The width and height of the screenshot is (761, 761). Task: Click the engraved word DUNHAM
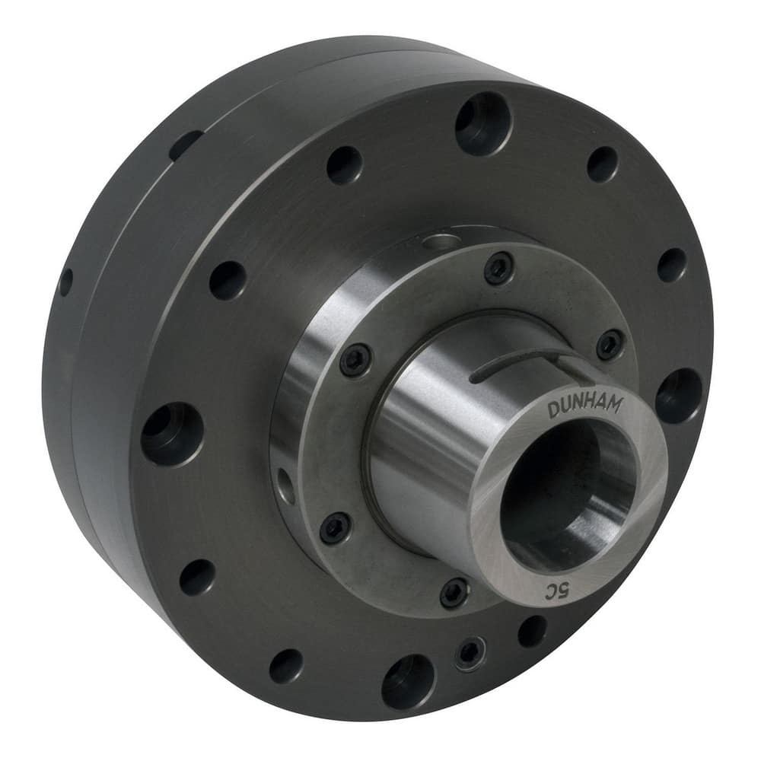pyautogui.click(x=584, y=409)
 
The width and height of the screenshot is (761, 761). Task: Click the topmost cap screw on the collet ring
pyautogui.click(x=498, y=268)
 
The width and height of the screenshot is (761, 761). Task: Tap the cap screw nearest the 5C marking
pyautogui.click(x=454, y=591)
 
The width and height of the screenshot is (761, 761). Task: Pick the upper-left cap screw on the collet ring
pyautogui.click(x=355, y=359)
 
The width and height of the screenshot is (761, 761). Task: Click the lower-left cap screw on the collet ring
pyautogui.click(x=335, y=527)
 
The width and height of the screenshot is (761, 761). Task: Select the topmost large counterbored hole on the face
pyautogui.click(x=483, y=123)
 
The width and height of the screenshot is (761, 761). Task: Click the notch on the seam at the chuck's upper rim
pyautogui.click(x=186, y=145)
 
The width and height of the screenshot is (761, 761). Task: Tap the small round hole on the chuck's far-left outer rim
pyautogui.click(x=66, y=282)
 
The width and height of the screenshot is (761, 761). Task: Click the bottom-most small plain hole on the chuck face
pyautogui.click(x=286, y=665)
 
